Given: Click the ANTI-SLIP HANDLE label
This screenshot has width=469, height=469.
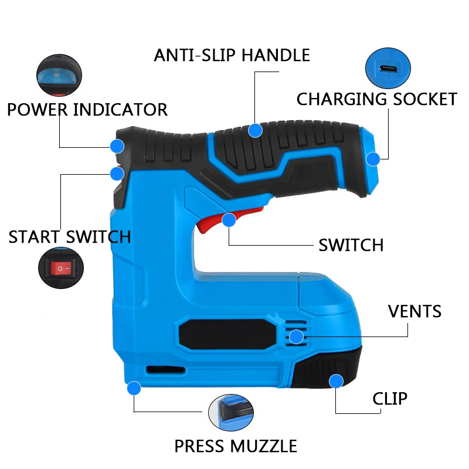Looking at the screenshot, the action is pos(232,55).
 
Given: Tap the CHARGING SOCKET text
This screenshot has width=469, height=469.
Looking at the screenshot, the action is pos(376,98).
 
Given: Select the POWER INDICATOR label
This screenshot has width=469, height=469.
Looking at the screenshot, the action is pos(87,110).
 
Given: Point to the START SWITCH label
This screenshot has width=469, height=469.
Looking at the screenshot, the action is pos(70,237).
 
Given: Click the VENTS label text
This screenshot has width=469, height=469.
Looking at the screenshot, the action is pos(415,311).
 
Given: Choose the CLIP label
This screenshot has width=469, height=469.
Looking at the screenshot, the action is pos(390,399).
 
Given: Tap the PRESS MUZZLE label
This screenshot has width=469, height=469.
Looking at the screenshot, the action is pos(236,446).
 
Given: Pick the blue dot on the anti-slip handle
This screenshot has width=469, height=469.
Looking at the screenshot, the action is pos(254,130).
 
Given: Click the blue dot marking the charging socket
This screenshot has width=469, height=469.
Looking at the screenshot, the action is pos(373,158).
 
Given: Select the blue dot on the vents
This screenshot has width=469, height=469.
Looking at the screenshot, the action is pos(297,337).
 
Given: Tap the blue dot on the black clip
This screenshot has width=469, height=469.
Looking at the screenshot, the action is pos(336,382).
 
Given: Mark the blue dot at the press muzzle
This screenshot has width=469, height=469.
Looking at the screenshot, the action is pos(134,388).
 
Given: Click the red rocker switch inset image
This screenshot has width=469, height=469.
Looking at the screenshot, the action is pos(60,269).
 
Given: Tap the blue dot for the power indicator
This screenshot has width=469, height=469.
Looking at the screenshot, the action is pos(117,146).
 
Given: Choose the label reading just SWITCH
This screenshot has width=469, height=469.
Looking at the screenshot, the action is pos(351,245).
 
